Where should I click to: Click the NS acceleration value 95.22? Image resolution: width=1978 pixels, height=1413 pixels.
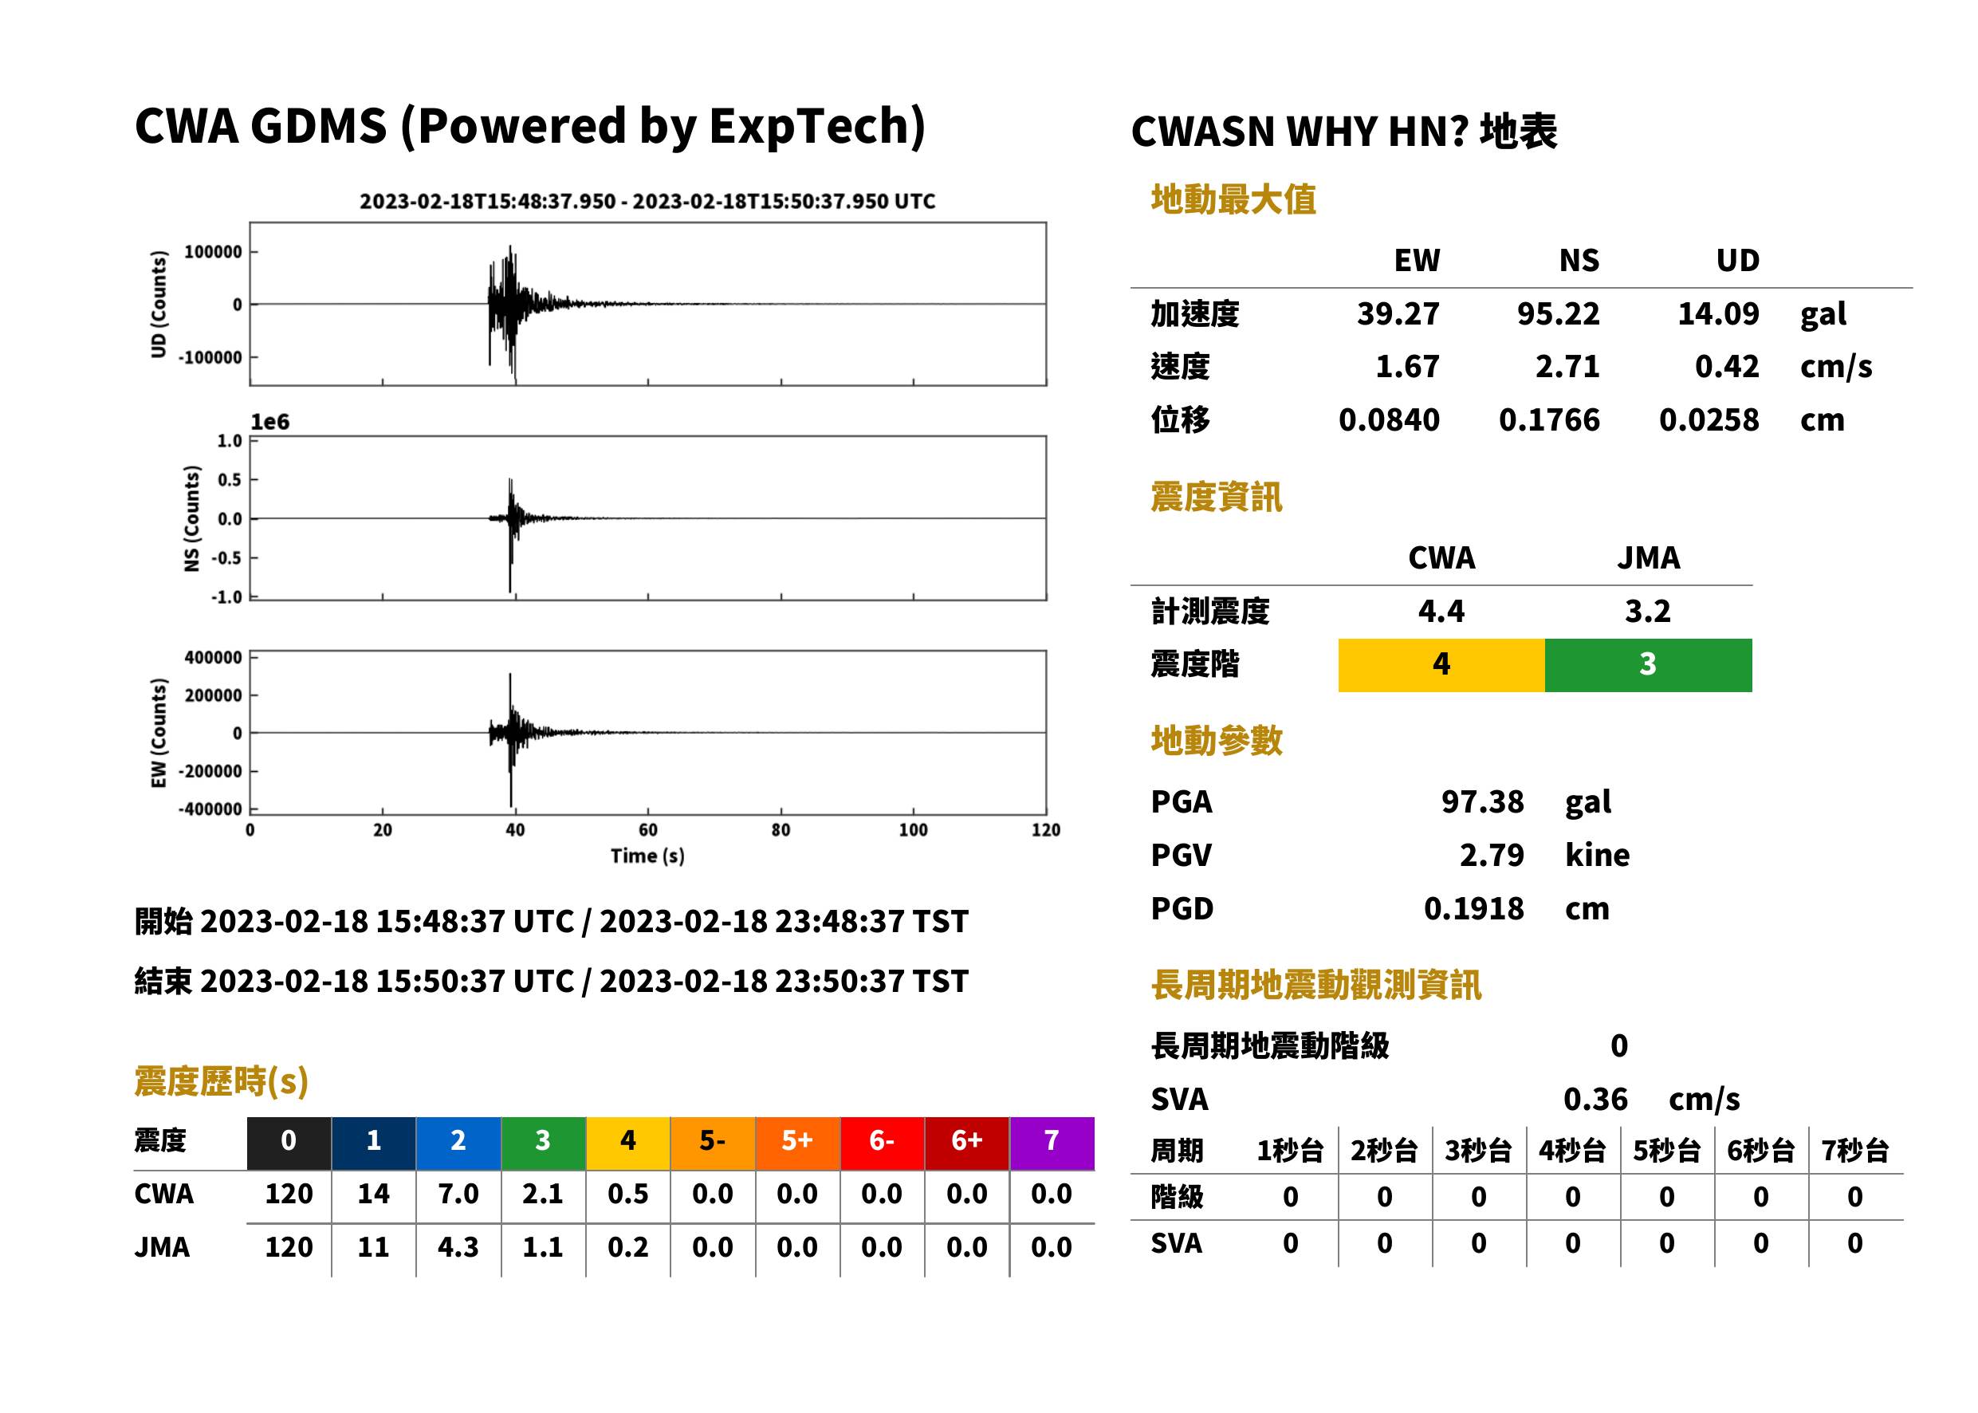pyautogui.click(x=1557, y=313)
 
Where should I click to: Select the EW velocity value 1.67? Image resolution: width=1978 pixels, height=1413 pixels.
pyautogui.click(x=1406, y=366)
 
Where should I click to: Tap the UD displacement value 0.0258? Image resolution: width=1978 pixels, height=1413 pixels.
pyautogui.click(x=1709, y=419)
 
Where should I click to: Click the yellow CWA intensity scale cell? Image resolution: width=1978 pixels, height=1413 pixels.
pyautogui.click(x=1441, y=665)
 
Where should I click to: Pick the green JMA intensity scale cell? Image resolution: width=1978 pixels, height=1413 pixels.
pyautogui.click(x=1647, y=665)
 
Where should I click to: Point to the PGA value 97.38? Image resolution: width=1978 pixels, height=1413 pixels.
pyautogui.click(x=1482, y=801)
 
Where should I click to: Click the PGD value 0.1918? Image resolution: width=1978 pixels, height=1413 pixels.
pyautogui.click(x=1473, y=908)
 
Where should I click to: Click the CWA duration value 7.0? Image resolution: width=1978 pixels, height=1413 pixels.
pyautogui.click(x=458, y=1194)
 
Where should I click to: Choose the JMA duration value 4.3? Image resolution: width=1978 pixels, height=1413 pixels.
pyautogui.click(x=458, y=1247)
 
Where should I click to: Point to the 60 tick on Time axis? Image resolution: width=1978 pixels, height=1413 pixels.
pyautogui.click(x=648, y=830)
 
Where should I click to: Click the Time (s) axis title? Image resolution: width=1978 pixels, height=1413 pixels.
pyautogui.click(x=647, y=856)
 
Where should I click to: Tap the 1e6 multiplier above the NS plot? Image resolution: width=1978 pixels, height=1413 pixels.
pyautogui.click(x=269, y=422)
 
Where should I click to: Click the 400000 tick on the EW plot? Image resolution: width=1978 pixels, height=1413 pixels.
pyautogui.click(x=213, y=658)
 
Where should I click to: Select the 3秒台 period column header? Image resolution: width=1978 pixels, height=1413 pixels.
pyautogui.click(x=1478, y=1150)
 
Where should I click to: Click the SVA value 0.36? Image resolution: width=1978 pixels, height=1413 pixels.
pyautogui.click(x=1595, y=1099)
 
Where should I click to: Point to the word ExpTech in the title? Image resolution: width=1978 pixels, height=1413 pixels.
pyautogui.click(x=809, y=127)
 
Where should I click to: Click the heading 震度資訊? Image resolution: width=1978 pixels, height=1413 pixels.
pyautogui.click(x=1216, y=498)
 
